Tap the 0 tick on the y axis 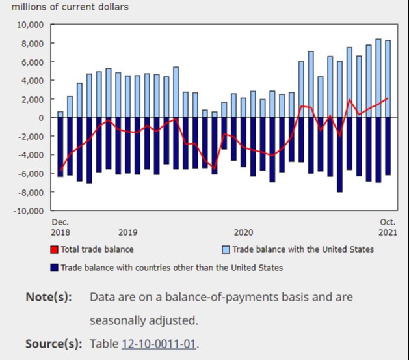click(40, 118)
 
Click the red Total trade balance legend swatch click(54, 249)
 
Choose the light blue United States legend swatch click(226, 249)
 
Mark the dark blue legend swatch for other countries click(54, 267)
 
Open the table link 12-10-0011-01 click(158, 344)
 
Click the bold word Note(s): click(49, 297)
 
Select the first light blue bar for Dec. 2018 click(60, 115)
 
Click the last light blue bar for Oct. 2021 click(388, 79)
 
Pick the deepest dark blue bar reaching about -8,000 click(339, 155)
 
